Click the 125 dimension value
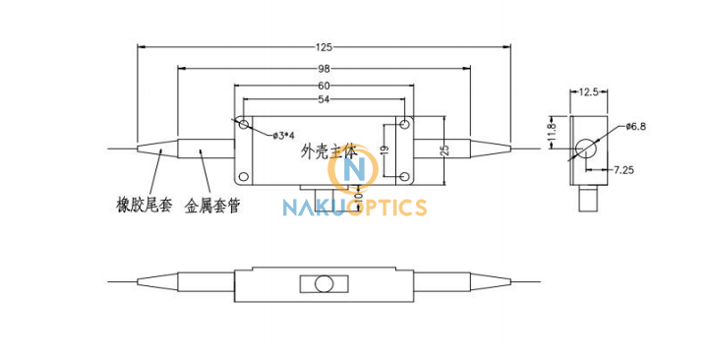tap(325, 46)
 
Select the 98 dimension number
tap(325, 69)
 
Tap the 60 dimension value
tap(325, 86)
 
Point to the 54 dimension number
tap(325, 99)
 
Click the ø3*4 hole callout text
tap(284, 136)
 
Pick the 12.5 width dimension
tap(589, 91)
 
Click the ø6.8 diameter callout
tap(635, 127)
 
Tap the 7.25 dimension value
tap(624, 170)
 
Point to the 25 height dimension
tap(445, 150)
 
